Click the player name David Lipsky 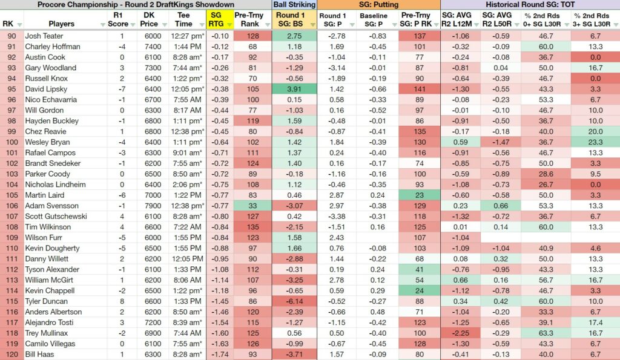46,89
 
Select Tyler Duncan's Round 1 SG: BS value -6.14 294,301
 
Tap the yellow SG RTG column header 216,19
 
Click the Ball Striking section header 294,5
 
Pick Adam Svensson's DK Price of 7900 153,206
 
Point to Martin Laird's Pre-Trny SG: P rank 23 420,195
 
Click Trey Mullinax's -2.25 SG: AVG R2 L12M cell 461,333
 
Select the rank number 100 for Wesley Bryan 12,142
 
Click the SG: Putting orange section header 379,5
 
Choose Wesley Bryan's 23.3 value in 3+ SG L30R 596,142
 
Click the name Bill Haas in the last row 39,354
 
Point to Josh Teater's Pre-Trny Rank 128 252,36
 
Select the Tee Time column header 183,19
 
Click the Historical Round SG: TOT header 530,5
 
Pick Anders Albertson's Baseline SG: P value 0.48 378,312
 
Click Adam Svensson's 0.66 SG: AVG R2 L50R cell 501,206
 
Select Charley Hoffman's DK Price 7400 153,47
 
